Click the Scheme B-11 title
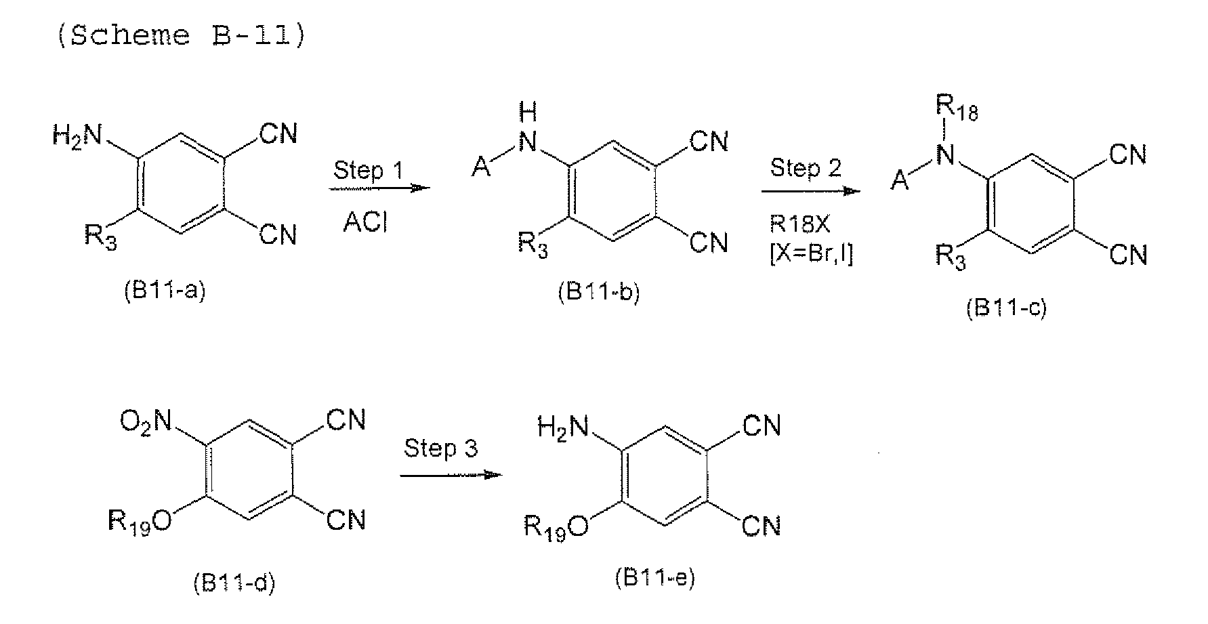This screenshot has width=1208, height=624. tap(181, 36)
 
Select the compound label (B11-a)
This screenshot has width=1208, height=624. tap(164, 292)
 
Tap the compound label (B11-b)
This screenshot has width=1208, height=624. tap(598, 293)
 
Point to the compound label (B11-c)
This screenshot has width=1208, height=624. tap(1006, 308)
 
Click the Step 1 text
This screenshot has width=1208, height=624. tap(368, 171)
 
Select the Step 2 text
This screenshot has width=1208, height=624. tap(806, 168)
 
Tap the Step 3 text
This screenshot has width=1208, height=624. tap(441, 449)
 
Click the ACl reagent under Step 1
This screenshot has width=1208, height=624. tap(365, 222)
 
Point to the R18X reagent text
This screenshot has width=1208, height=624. tap(799, 224)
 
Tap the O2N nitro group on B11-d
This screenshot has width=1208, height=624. tap(146, 422)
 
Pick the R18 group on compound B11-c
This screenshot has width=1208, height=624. tap(956, 110)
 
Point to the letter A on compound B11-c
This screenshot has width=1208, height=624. tap(900, 181)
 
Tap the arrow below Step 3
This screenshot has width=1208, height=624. tap(451, 475)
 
